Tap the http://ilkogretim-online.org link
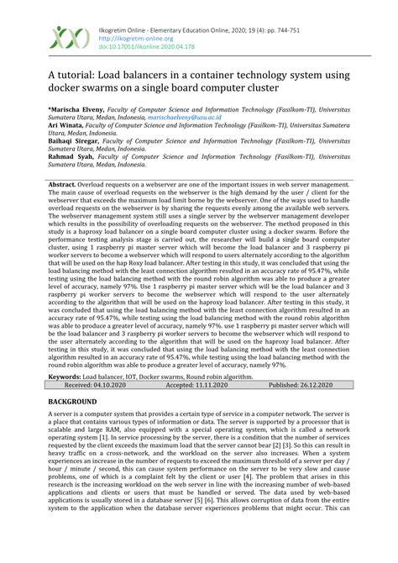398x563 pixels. coord(134,38)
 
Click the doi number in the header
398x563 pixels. coord(147,46)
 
